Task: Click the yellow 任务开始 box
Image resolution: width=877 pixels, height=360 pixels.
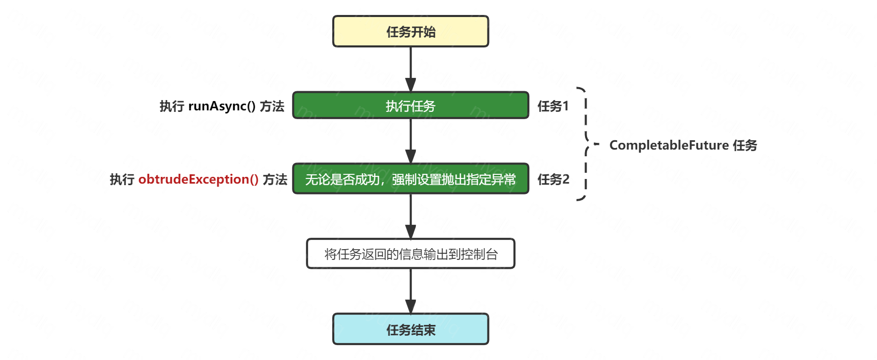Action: point(411,31)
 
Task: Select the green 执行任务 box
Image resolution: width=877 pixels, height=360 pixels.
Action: point(411,106)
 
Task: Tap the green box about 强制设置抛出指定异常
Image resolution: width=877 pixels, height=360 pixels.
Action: point(411,179)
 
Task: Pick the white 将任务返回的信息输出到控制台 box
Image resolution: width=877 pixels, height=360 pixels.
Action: point(411,254)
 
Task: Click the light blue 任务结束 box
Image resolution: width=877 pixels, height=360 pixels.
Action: point(411,329)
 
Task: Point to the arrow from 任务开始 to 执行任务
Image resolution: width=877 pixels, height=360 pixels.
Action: point(411,69)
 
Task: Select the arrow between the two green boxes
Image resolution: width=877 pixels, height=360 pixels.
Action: point(411,141)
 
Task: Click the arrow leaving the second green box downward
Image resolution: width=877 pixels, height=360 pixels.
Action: point(411,216)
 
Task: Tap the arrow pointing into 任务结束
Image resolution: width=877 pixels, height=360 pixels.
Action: point(411,291)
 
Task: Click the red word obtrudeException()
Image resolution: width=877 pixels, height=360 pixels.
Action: point(198,179)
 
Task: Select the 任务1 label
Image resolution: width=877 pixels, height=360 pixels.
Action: point(553,106)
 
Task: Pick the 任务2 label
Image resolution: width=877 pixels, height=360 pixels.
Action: point(554,179)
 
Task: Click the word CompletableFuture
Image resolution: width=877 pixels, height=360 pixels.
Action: point(669,145)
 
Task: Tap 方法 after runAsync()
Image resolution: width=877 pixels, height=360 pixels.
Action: point(272,106)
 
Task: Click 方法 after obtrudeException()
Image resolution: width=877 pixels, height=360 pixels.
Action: point(275,179)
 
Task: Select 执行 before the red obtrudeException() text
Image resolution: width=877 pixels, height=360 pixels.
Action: point(122,179)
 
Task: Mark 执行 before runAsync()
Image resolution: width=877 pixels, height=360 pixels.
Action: point(172,106)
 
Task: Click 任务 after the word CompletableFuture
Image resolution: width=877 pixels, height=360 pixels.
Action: point(745,145)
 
